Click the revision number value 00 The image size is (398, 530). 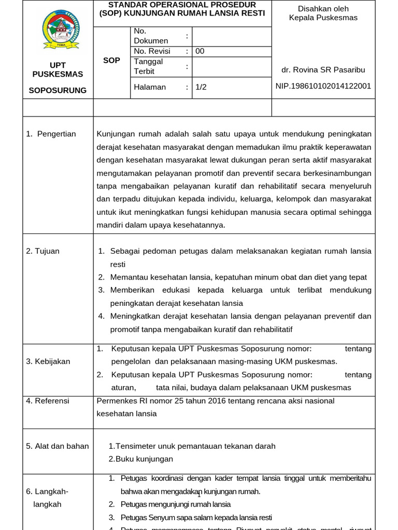[200, 51]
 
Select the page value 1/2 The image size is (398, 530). [201, 87]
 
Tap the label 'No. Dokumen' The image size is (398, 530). [151, 36]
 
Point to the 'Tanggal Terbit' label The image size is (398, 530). [148, 66]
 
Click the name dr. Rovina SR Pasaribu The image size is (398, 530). [323, 69]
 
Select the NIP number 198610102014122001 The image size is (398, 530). [323, 86]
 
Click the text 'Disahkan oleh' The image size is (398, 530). [323, 9]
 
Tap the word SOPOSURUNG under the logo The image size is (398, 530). [58, 90]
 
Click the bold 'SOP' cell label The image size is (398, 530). [111, 61]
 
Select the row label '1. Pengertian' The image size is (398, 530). [51, 134]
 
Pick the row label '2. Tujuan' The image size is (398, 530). [42, 251]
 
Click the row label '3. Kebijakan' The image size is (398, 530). [48, 361]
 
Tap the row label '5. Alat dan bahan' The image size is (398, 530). [57, 446]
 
